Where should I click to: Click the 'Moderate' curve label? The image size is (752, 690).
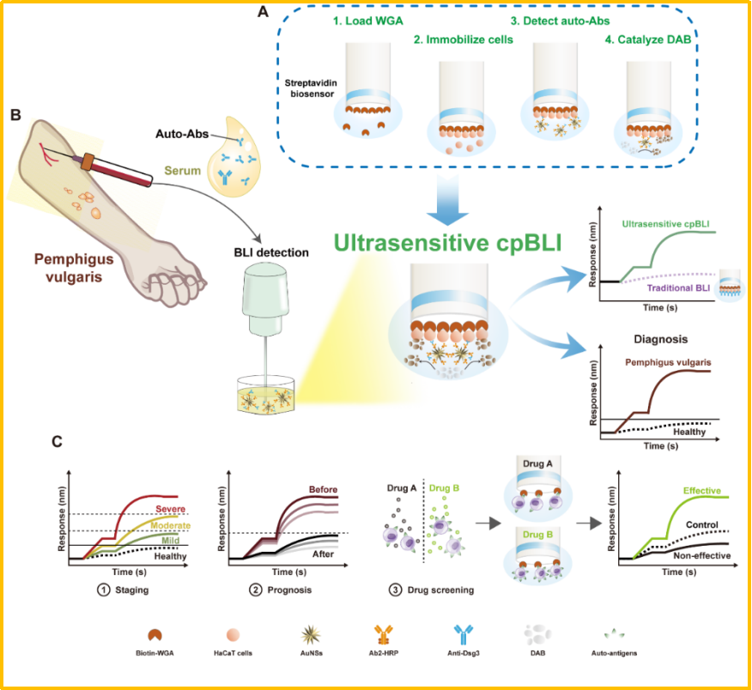point(170,524)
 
